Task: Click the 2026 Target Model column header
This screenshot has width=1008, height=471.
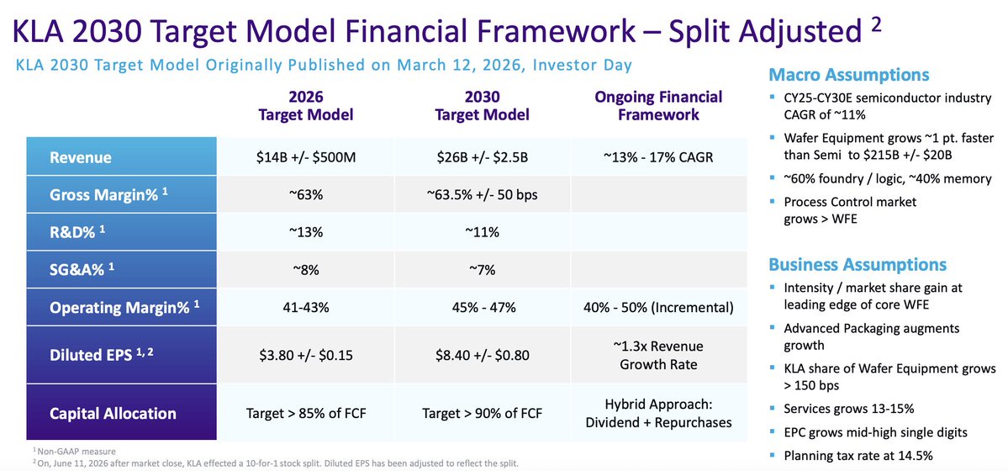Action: (x=305, y=106)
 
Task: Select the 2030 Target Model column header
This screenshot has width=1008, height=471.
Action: (x=483, y=106)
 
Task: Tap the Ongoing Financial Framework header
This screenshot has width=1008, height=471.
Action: (x=658, y=106)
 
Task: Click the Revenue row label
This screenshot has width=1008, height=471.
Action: (x=81, y=157)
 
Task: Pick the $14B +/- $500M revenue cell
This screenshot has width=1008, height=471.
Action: (x=305, y=157)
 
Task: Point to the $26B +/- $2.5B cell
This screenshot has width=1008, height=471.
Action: (x=483, y=157)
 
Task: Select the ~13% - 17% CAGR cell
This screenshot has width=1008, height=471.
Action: (x=658, y=157)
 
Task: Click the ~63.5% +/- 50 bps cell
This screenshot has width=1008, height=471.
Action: (x=483, y=195)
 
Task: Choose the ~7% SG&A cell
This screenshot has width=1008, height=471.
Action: (x=483, y=270)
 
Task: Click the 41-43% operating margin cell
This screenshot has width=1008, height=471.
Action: (x=305, y=308)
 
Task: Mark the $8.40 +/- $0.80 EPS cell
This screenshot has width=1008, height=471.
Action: (x=483, y=355)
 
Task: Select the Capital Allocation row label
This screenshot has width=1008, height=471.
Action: (x=113, y=413)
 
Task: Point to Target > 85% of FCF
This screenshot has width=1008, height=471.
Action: (x=305, y=413)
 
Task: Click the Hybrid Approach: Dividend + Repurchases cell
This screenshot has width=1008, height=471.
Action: (x=658, y=413)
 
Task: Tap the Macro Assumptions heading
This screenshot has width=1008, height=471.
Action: (x=848, y=75)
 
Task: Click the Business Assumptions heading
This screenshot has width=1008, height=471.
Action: (x=858, y=264)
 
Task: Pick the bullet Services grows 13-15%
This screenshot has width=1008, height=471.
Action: (x=848, y=409)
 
